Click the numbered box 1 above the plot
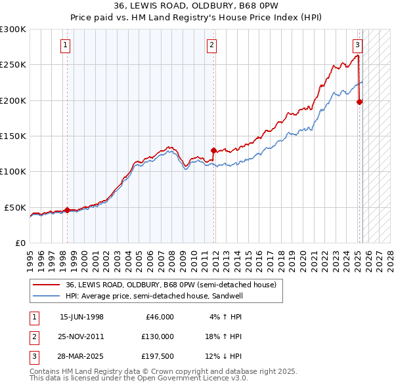(66, 45)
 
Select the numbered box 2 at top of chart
(212, 45)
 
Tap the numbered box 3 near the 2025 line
(357, 45)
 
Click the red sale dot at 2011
(213, 150)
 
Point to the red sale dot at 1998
(67, 210)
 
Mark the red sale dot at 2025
(360, 102)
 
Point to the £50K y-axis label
(15, 207)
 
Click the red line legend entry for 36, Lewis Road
(171, 285)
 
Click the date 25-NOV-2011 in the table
(81, 336)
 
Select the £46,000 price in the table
(158, 317)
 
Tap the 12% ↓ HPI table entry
(224, 356)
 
